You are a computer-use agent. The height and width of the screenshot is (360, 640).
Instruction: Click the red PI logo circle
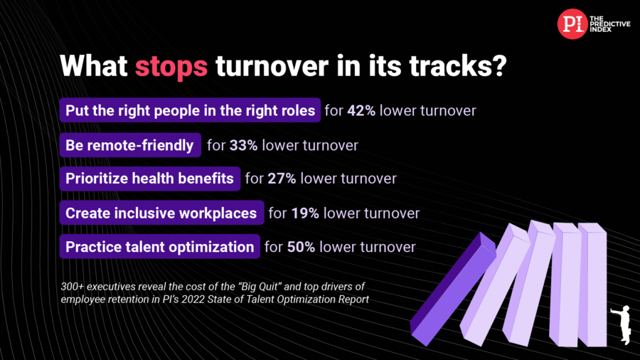(x=572, y=24)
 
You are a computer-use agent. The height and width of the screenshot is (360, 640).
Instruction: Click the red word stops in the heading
(x=171, y=66)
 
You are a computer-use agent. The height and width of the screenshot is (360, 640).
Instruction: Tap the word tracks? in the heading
(x=458, y=65)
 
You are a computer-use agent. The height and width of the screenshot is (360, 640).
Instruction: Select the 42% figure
(x=361, y=110)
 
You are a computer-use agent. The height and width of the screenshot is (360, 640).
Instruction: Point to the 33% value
(x=244, y=145)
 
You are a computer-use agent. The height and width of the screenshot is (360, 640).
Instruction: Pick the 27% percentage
(x=282, y=179)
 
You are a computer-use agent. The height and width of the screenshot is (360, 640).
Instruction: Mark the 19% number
(x=305, y=213)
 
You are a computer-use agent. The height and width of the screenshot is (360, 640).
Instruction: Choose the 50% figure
(x=302, y=247)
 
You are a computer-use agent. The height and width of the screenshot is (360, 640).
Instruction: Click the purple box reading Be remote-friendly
(x=130, y=145)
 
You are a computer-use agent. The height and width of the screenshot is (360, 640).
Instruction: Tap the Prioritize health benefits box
(x=150, y=179)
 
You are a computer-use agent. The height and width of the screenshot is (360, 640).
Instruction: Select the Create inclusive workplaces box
(x=161, y=213)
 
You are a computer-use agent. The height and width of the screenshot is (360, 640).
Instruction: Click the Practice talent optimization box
(x=159, y=247)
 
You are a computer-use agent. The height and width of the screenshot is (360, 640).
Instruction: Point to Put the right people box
(x=190, y=110)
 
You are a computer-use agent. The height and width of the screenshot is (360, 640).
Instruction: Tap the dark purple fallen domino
(x=453, y=289)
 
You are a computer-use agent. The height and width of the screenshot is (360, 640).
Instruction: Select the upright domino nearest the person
(x=592, y=284)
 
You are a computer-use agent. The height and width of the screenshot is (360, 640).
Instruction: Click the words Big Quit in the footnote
(x=260, y=287)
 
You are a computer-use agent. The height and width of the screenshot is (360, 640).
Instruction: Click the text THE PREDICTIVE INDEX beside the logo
(x=610, y=24)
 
